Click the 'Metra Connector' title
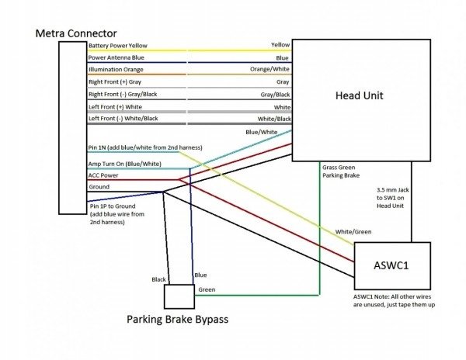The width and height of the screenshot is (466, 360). [76, 33]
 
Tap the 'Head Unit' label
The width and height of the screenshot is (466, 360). [360, 95]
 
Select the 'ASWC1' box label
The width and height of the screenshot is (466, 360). [391, 265]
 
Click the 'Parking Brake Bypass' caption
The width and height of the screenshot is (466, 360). [177, 320]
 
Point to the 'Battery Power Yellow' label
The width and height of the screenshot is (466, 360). [118, 46]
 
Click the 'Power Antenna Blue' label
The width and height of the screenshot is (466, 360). [116, 57]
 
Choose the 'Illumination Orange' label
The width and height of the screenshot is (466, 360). [116, 70]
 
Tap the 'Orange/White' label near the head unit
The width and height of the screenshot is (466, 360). [270, 69]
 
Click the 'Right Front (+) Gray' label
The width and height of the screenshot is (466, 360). [115, 82]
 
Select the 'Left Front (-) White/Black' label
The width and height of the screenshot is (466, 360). [123, 119]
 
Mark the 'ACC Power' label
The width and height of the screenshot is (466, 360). [103, 175]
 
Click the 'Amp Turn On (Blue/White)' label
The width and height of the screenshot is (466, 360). [125, 164]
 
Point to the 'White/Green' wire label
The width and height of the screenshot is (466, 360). [353, 232]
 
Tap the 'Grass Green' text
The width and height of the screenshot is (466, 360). [339, 168]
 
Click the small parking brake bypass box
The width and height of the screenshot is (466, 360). [179, 296]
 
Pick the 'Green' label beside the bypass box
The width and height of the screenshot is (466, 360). [207, 289]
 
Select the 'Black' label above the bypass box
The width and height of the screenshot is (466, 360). [158, 279]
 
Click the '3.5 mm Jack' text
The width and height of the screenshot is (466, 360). [393, 190]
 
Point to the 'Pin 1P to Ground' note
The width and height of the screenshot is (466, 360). [113, 206]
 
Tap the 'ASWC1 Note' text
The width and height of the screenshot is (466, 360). [367, 297]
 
